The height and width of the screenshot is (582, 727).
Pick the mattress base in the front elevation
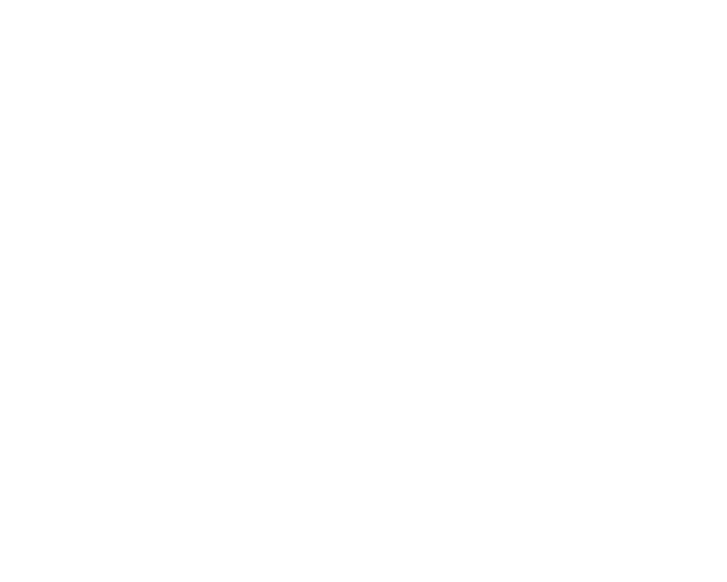291,223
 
